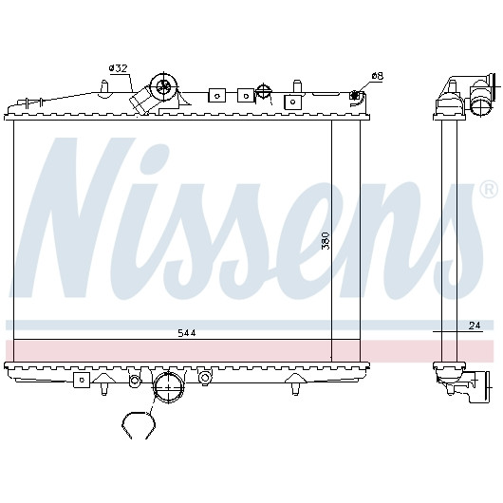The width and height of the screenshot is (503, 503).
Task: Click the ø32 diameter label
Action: click(x=118, y=68)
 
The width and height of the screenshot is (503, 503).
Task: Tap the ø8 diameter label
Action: click(x=378, y=76)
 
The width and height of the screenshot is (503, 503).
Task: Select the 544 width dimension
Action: click(x=187, y=333)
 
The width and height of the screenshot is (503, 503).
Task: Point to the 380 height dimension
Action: click(x=326, y=241)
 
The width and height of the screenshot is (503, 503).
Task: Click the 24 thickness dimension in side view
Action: click(x=475, y=326)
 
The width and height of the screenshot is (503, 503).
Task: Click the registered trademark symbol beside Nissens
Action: click(x=490, y=191)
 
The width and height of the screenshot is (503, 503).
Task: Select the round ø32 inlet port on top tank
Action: click(x=163, y=85)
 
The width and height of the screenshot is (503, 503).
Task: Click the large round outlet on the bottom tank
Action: click(x=168, y=387)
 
